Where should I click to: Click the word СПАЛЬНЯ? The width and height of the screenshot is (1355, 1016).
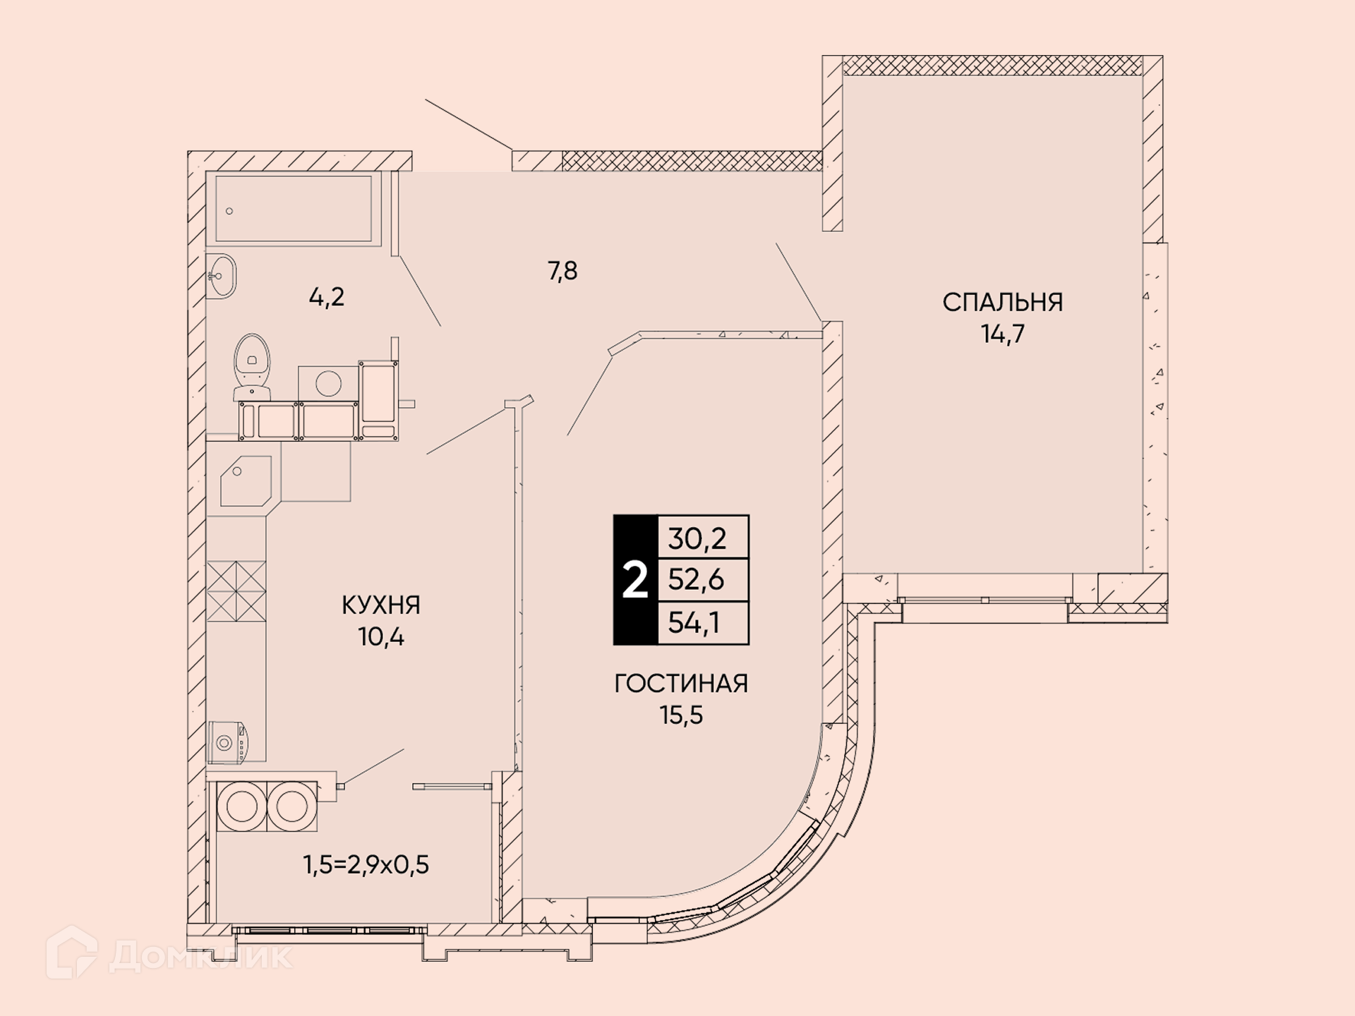[x=1002, y=302]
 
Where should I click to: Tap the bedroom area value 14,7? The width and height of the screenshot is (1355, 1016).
[x=1003, y=334]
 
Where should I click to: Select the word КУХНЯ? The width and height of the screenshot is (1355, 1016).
[x=381, y=605]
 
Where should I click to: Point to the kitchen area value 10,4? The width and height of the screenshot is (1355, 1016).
[x=381, y=636]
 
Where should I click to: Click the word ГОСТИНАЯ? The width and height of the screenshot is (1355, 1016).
[x=681, y=683]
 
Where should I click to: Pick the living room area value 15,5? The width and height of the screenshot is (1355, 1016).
[x=682, y=715]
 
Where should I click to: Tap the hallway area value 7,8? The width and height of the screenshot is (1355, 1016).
[x=562, y=270]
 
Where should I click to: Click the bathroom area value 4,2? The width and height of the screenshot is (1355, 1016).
[x=327, y=297]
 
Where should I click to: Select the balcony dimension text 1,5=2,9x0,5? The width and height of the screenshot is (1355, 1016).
[x=366, y=864]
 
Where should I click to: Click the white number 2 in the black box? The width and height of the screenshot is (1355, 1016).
[x=635, y=581]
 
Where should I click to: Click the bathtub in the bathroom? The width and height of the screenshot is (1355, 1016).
[x=294, y=209]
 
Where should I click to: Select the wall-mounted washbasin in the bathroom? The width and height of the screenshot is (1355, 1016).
[x=221, y=276]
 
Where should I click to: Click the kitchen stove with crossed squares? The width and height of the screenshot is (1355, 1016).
[x=236, y=591]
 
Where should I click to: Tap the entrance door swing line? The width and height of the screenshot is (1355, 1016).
[x=469, y=125]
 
